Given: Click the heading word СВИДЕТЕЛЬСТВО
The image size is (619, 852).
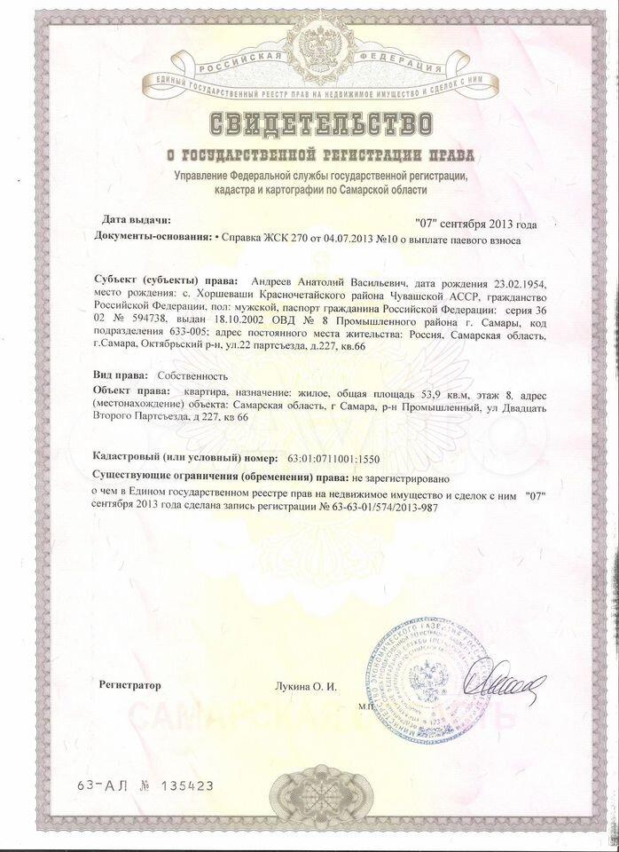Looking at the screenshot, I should point(309,122).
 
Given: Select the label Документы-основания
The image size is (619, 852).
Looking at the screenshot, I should point(146,239).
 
